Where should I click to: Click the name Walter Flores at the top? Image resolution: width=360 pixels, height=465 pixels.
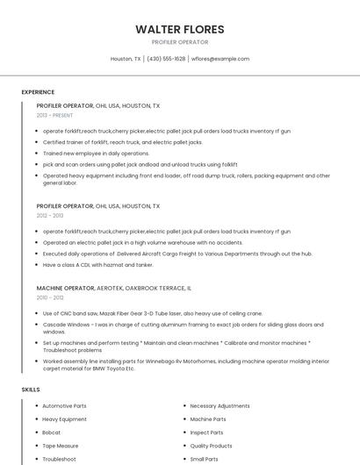[179, 29]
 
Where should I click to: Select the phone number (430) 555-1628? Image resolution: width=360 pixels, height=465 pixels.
[166, 59]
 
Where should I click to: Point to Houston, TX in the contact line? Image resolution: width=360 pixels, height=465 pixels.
[126, 59]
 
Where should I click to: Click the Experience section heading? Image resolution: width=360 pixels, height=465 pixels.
[38, 92]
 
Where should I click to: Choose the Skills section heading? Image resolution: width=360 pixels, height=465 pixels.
[31, 389]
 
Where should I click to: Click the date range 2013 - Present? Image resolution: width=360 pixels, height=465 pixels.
[54, 115]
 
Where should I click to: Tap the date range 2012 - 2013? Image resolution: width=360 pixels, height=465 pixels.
[50, 215]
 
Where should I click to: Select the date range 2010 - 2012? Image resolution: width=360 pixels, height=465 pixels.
[50, 297]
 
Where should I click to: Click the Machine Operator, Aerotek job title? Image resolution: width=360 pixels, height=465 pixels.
[114, 288]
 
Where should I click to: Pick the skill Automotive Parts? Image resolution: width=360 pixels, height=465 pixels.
[64, 406]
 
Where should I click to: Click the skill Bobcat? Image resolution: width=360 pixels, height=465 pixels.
[52, 433]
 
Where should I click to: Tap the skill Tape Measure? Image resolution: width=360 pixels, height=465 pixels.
[61, 446]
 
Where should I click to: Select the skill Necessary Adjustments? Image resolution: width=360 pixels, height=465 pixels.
[220, 406]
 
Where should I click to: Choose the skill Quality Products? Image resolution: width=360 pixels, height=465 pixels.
[211, 446]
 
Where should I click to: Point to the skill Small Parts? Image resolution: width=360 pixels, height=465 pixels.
[205, 459]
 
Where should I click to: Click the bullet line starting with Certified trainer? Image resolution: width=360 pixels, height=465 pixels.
[123, 141]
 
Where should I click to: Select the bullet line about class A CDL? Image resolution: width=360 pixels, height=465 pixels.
[97, 264]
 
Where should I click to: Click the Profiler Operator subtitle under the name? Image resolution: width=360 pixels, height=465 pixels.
[179, 42]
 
